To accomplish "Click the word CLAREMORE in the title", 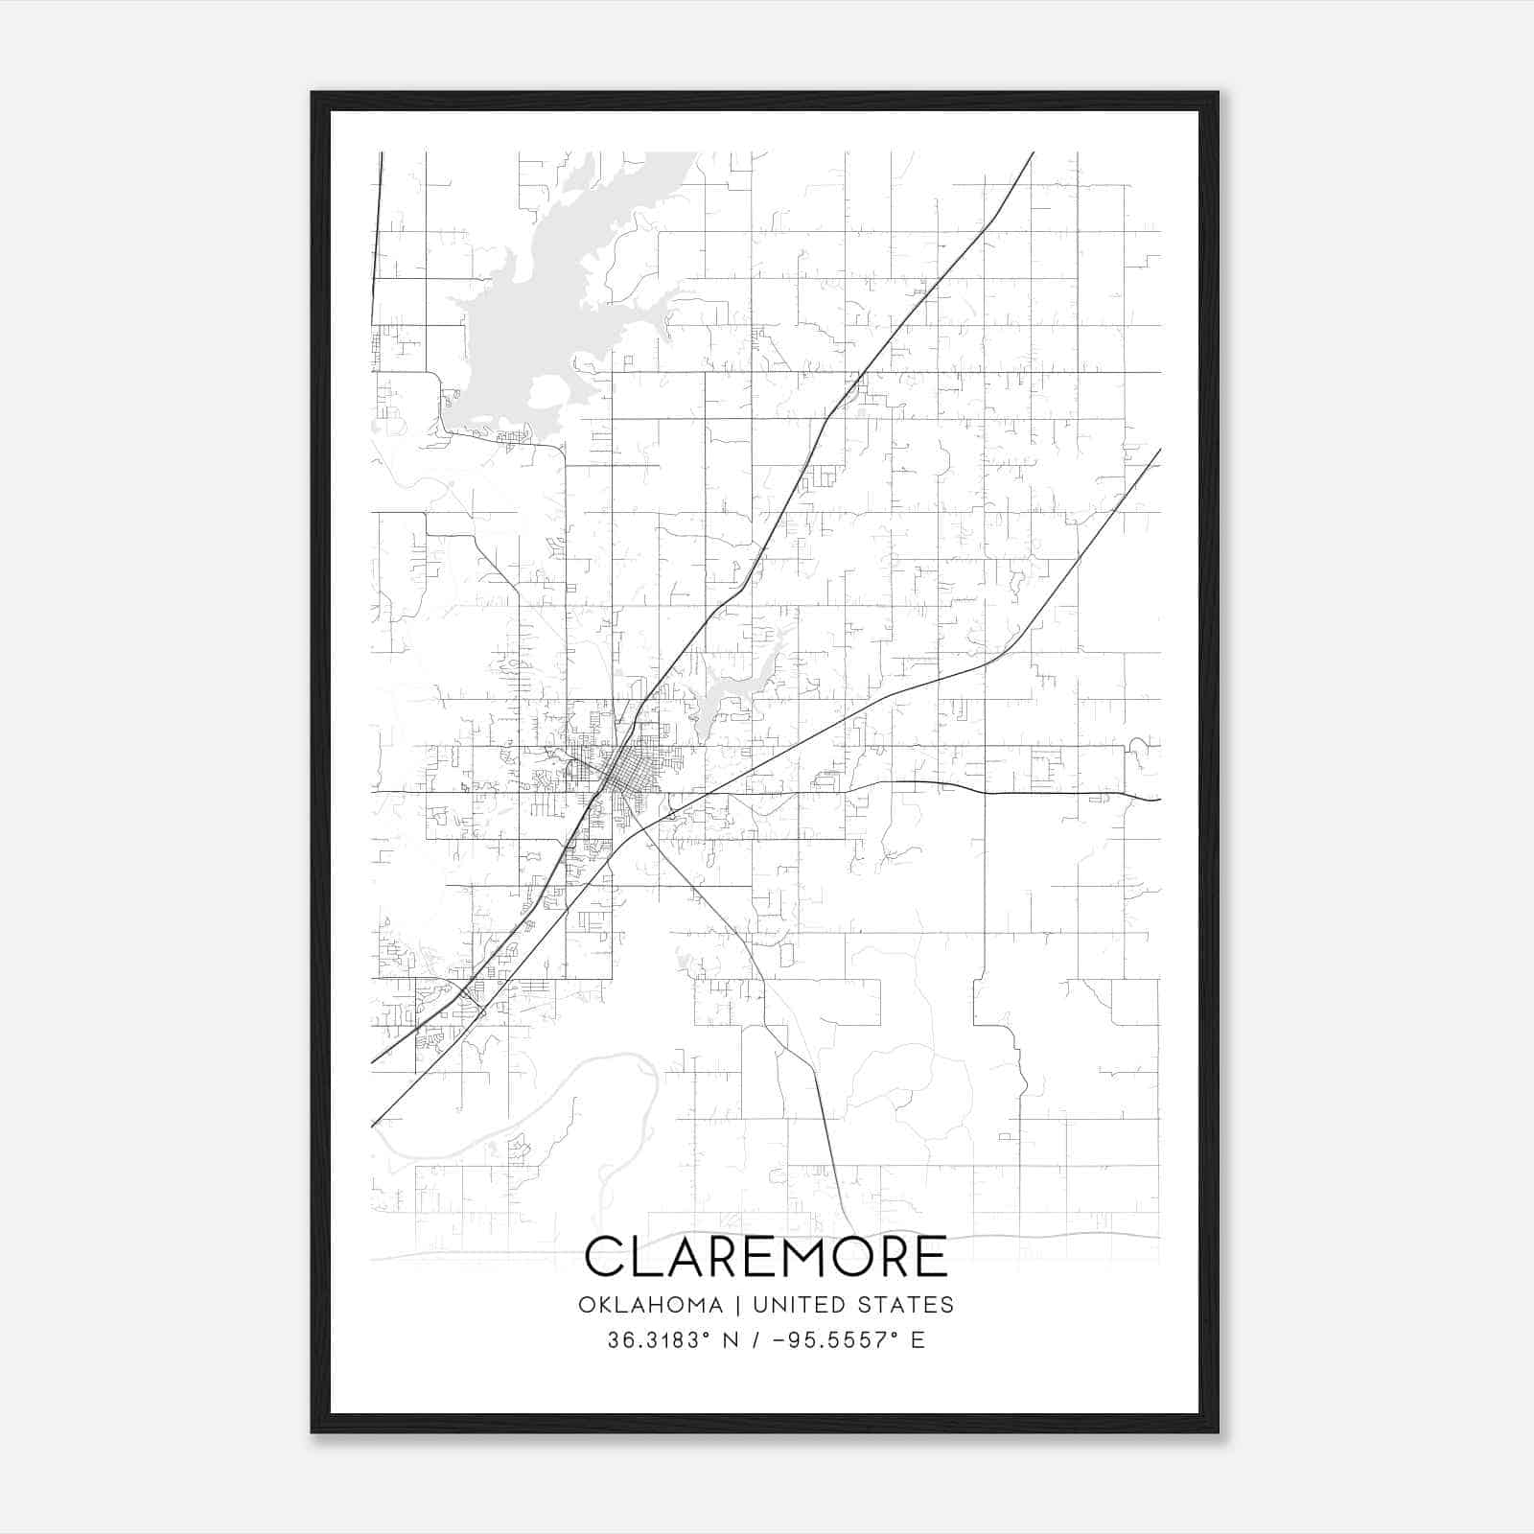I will click(765, 1257).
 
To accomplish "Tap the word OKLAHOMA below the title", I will click(650, 1305).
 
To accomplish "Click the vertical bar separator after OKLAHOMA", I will click(738, 1305).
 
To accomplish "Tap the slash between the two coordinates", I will click(758, 1340).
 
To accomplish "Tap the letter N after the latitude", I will click(731, 1340).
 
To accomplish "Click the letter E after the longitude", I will click(918, 1340).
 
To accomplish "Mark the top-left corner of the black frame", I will click(313, 94).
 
